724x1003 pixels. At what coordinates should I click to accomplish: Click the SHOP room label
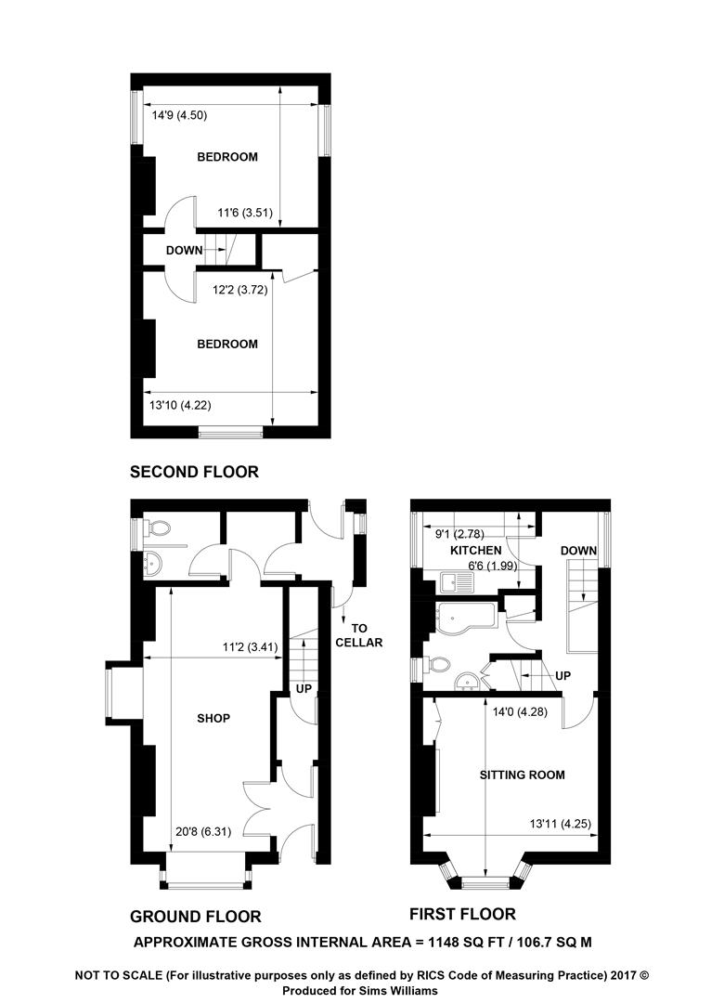213,718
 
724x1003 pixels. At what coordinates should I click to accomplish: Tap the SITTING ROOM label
522,775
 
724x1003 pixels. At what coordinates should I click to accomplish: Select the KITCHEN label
476,550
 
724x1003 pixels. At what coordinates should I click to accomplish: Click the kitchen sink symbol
457,582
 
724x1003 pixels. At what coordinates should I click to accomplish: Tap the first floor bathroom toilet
436,665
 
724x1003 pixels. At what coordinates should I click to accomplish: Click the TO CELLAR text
359,635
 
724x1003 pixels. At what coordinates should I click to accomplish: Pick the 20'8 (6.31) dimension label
203,831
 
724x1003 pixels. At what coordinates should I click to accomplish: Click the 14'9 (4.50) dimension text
179,115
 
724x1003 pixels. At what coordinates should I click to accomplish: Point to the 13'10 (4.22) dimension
180,405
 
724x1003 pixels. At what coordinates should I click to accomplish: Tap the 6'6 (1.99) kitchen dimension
493,566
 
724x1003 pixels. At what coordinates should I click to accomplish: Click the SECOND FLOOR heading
194,472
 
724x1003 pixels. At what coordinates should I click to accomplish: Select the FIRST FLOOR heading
462,914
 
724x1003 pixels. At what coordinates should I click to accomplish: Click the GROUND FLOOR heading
196,917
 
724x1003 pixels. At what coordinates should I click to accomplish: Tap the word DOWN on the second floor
184,250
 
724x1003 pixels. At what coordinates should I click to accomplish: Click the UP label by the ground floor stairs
304,688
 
